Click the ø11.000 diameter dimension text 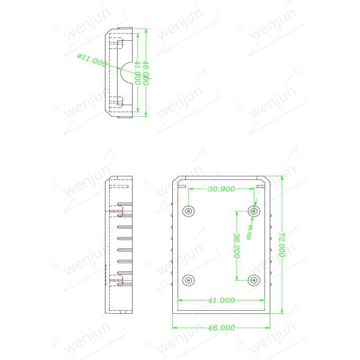[92, 59]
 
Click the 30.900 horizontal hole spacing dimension [221, 189]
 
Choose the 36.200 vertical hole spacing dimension [236, 245]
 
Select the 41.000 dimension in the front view [221, 300]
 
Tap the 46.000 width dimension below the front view [221, 328]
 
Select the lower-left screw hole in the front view [189, 280]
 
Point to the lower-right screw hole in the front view [254, 280]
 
